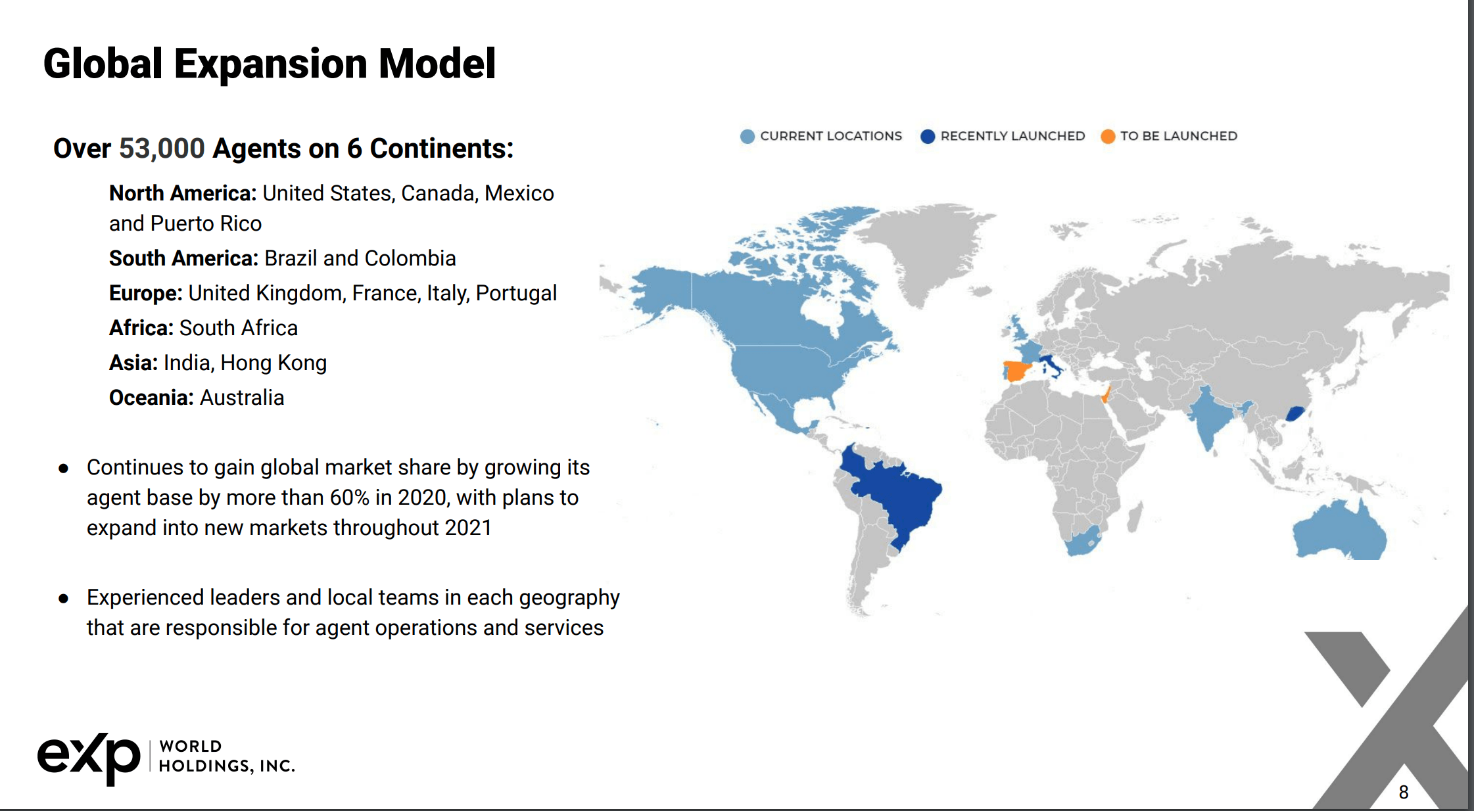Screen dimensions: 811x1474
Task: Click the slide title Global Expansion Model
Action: pos(270,64)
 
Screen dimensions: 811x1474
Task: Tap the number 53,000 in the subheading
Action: pos(162,149)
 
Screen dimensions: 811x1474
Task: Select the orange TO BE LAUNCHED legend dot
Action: pos(1108,136)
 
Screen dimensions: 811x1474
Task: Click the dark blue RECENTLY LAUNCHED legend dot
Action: pos(928,136)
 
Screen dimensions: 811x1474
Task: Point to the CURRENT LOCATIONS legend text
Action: pos(830,136)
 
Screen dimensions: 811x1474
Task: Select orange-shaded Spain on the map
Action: pos(1015,371)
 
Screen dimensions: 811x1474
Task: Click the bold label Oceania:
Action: pos(151,398)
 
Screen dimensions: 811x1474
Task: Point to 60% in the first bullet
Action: pos(349,498)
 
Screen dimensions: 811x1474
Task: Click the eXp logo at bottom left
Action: pos(89,757)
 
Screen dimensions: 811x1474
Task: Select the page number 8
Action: pos(1404,792)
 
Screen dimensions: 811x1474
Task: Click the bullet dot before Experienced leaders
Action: pos(64,599)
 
